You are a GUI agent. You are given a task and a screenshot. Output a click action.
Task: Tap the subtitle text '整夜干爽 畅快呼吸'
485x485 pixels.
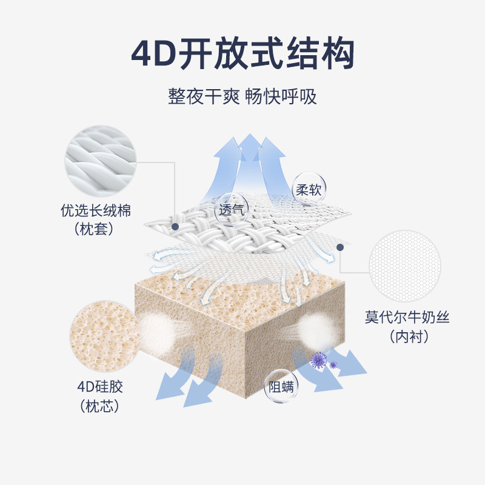[x=242, y=96]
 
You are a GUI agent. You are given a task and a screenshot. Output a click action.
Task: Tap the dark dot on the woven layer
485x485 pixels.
[x=175, y=226]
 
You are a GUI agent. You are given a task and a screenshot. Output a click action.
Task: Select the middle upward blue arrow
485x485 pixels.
[x=248, y=158]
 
